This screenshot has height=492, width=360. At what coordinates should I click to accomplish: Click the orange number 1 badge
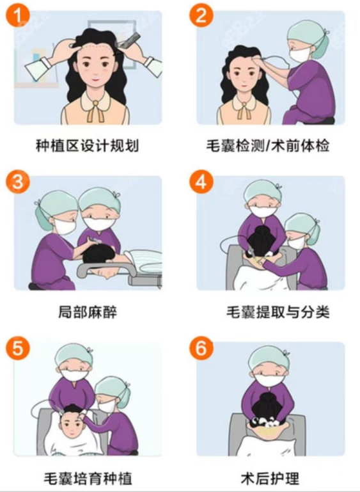pyautogui.click(x=18, y=15)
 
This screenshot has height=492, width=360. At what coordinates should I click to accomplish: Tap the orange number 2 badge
pyautogui.click(x=201, y=15)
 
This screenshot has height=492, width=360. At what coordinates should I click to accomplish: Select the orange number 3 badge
pyautogui.click(x=18, y=182)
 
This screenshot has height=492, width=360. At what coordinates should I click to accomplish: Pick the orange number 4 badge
pyautogui.click(x=201, y=182)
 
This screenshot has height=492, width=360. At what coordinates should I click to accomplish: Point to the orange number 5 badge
pyautogui.click(x=18, y=348)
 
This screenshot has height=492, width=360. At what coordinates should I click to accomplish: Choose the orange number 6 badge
pyautogui.click(x=201, y=348)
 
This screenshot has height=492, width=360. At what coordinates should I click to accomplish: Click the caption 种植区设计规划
pyautogui.click(x=88, y=147)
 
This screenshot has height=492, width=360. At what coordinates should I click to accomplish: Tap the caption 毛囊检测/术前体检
pyautogui.click(x=268, y=147)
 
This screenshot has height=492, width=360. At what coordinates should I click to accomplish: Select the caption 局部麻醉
pyautogui.click(x=88, y=312)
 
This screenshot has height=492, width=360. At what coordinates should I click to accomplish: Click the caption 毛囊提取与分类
pyautogui.click(x=278, y=312)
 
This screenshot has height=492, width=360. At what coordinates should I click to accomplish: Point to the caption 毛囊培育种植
pyautogui.click(x=88, y=479)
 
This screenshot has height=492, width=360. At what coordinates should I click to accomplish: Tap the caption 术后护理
pyautogui.click(x=270, y=479)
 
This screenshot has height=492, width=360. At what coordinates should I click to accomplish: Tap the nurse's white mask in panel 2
pyautogui.click(x=299, y=54)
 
